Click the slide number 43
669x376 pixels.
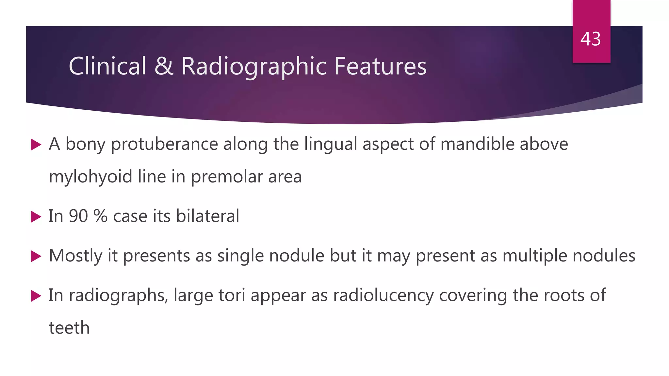pos(591,39)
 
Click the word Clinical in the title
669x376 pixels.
pos(107,66)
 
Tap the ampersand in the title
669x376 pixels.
pos(164,66)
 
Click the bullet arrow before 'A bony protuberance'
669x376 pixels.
pos(36,145)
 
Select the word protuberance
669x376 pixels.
pos(164,145)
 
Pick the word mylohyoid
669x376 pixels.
pos(90,177)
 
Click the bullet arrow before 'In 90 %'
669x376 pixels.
pos(36,217)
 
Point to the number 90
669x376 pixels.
pos(78,216)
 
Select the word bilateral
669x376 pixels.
pos(207,216)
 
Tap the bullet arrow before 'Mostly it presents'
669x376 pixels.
pos(36,256)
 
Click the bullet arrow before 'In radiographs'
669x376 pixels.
pos(36,296)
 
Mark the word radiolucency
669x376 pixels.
pos(383,296)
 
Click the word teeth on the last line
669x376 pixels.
pos(69,328)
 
